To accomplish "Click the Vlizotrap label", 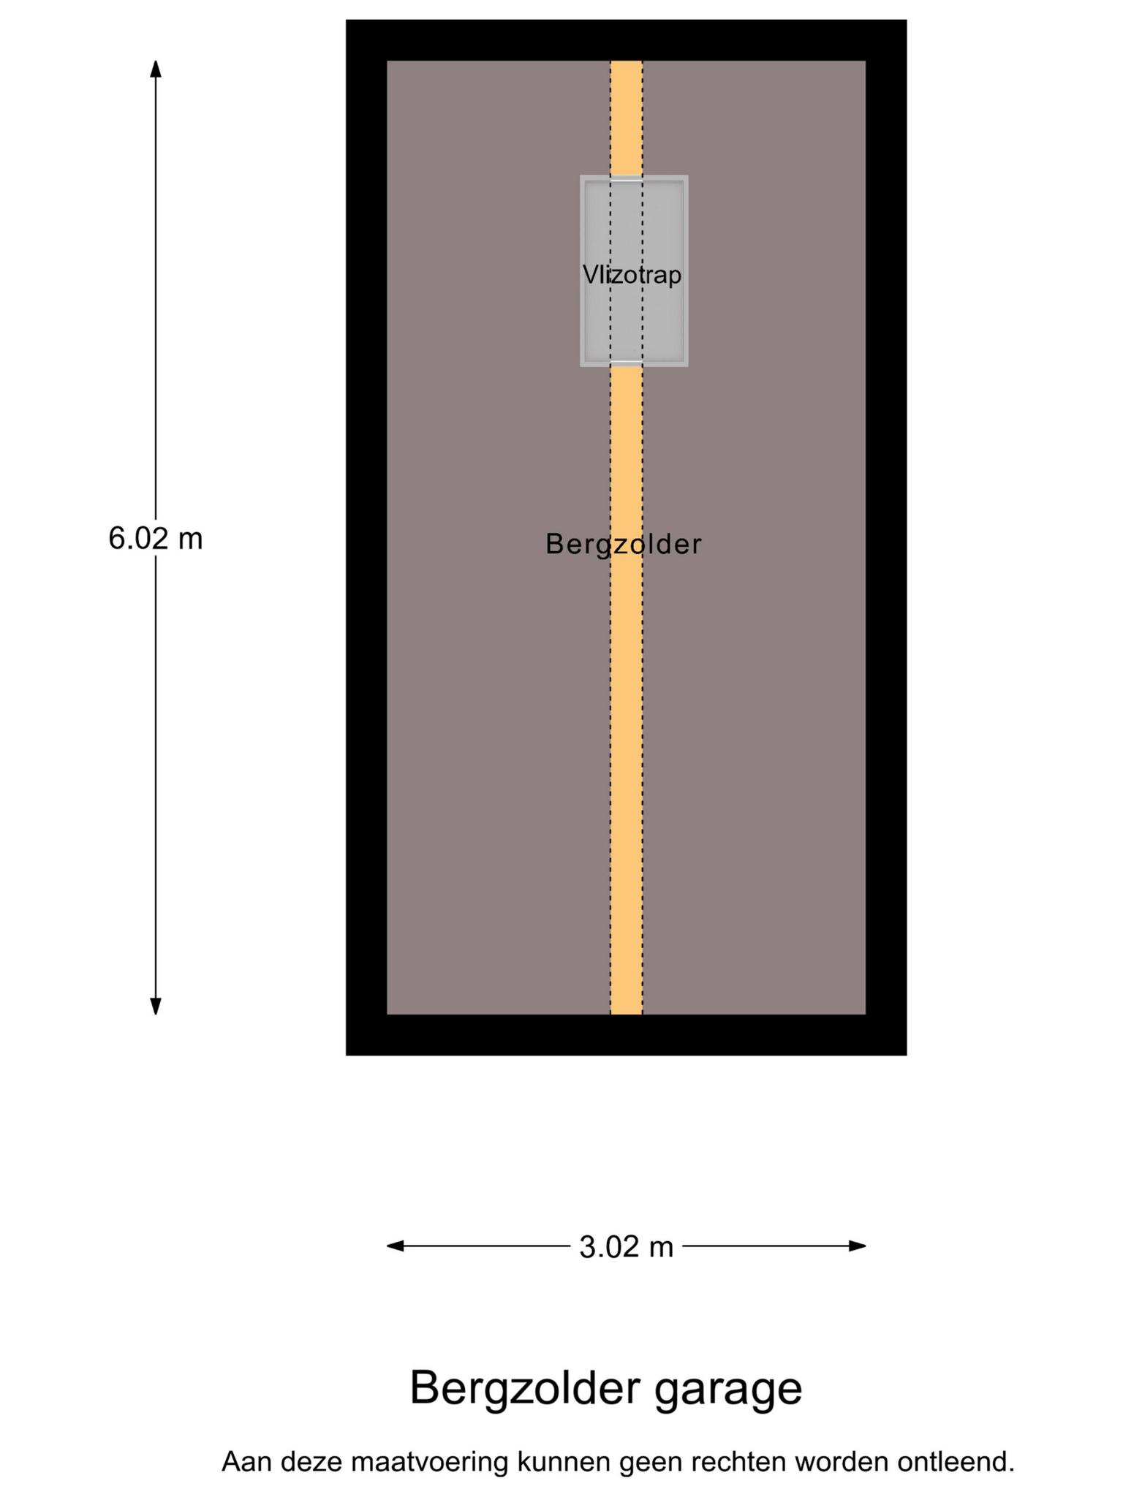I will click(632, 275).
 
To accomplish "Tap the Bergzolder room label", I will click(624, 545).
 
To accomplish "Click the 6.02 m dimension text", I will click(155, 539).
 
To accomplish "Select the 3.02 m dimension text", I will click(626, 1247).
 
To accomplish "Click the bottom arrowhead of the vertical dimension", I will click(155, 1007).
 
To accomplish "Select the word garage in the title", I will click(728, 1390).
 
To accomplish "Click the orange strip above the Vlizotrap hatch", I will click(627, 117).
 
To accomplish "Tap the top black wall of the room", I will click(626, 40).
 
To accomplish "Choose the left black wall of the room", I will click(366, 537).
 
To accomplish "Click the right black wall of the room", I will click(886, 537).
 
